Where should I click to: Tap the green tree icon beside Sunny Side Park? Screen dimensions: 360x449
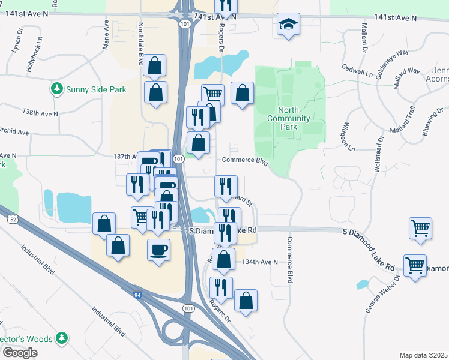click(57, 89)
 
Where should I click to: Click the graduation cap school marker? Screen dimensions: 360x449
click(289, 25)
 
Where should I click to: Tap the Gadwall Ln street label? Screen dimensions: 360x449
click(357, 71)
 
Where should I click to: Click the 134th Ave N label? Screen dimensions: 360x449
click(258, 262)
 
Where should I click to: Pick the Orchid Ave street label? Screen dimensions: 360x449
click(14, 131)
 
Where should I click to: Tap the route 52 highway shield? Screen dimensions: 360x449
click(13, 220)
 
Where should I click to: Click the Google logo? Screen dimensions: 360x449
click(20, 353)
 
